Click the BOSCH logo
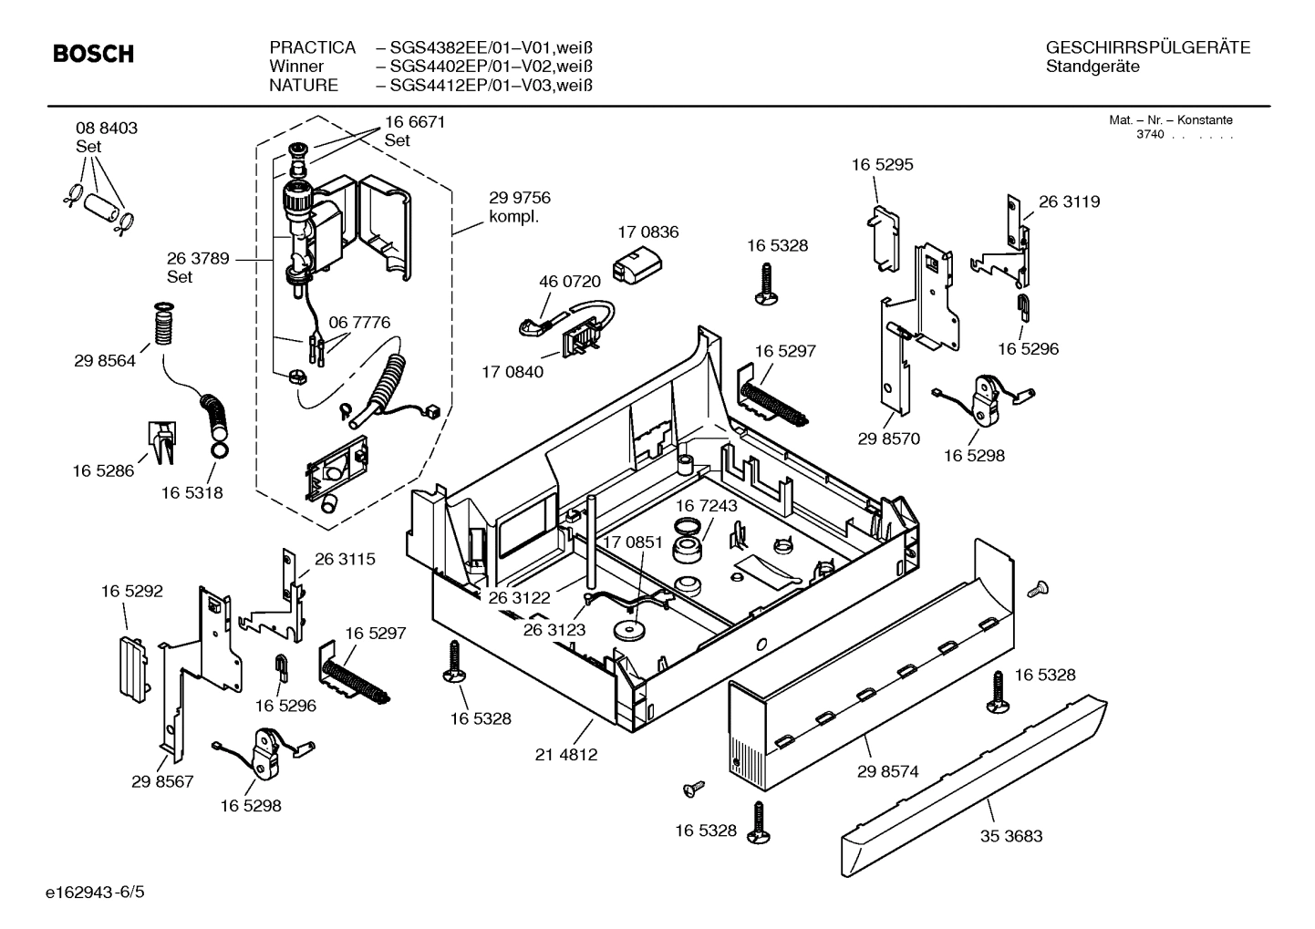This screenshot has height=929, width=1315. click(94, 55)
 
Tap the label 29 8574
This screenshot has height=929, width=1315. click(887, 771)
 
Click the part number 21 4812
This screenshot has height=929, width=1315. click(566, 755)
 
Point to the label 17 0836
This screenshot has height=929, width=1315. click(647, 232)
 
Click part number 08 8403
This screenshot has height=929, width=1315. click(107, 129)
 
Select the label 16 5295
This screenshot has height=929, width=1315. click(882, 165)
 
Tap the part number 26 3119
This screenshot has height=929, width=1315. click(1069, 201)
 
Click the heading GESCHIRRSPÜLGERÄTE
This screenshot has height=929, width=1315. click(1148, 47)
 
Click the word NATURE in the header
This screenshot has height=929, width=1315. click(304, 86)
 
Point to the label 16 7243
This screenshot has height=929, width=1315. click(706, 505)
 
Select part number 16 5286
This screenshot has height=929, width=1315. click(103, 470)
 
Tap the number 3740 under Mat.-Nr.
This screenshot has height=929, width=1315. click(1150, 135)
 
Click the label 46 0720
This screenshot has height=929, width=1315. click(570, 282)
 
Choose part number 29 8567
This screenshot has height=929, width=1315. click(162, 781)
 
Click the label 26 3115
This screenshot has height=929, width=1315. click(345, 559)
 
